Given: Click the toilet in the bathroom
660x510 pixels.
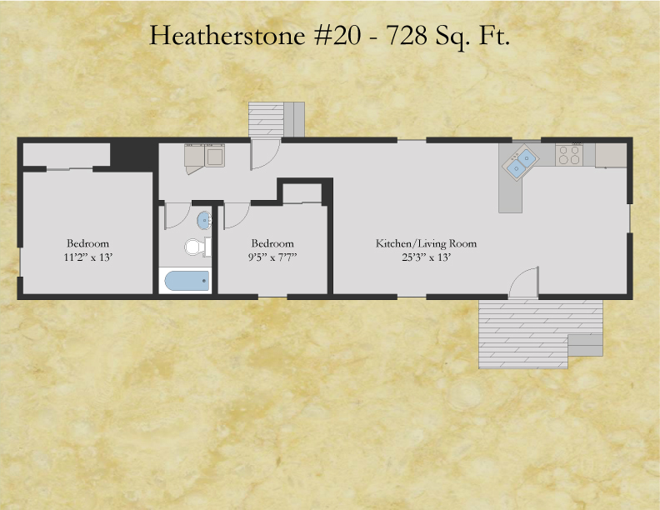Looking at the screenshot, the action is pyautogui.click(x=197, y=247).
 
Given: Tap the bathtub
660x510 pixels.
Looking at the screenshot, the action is pyautogui.click(x=187, y=281).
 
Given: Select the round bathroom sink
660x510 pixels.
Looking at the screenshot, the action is pyautogui.click(x=204, y=221).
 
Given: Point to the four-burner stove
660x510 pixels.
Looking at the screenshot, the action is pyautogui.click(x=569, y=155).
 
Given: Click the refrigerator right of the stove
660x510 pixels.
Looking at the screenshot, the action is pyautogui.click(x=611, y=155).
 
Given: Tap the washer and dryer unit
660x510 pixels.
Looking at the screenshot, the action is pyautogui.click(x=204, y=156).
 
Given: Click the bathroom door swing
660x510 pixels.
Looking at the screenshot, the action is pyautogui.click(x=177, y=216).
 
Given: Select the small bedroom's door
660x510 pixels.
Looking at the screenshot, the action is pyautogui.click(x=237, y=216).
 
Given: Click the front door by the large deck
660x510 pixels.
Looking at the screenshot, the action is pyautogui.click(x=524, y=282).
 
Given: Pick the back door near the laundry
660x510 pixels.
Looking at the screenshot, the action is pyautogui.click(x=265, y=154).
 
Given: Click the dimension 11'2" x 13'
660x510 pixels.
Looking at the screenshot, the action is pyautogui.click(x=88, y=257).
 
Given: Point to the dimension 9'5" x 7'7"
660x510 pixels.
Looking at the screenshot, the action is pyautogui.click(x=272, y=257).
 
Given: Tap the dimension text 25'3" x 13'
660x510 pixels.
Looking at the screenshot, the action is pyautogui.click(x=426, y=257).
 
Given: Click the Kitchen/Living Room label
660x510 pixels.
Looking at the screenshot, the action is pyautogui.click(x=426, y=243).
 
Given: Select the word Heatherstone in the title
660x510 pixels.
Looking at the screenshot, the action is pyautogui.click(x=227, y=35).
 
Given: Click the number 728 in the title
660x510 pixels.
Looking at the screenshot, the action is pyautogui.click(x=407, y=35).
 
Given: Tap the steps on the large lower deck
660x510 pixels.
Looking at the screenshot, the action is pyautogui.click(x=585, y=346).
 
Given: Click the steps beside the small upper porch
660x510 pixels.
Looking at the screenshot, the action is pyautogui.click(x=294, y=119).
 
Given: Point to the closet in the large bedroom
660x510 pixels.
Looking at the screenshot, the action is pyautogui.click(x=66, y=155).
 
